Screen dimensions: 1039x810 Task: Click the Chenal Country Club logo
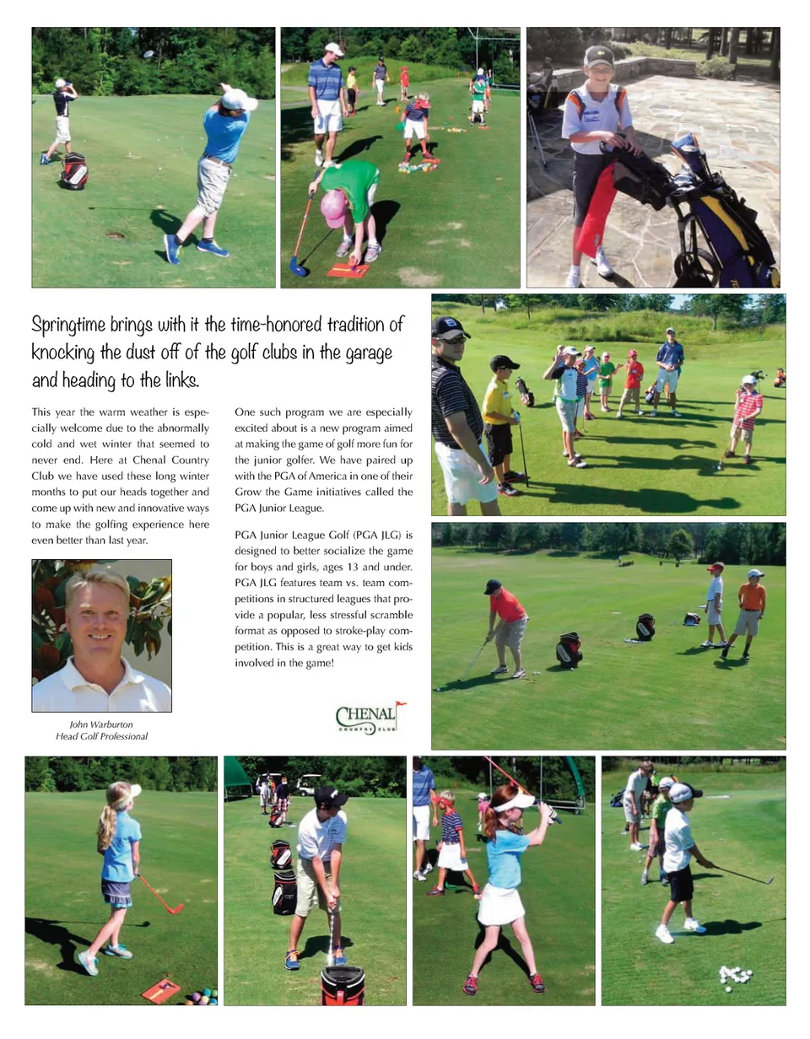pos(366,718)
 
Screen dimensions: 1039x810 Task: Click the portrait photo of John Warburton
pos(101,635)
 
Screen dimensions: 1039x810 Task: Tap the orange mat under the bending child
pos(348,271)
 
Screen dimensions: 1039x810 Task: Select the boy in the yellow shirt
pos(499,413)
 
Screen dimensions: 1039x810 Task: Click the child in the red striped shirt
pos(745,412)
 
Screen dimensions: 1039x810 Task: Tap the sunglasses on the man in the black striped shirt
pos(451,337)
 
